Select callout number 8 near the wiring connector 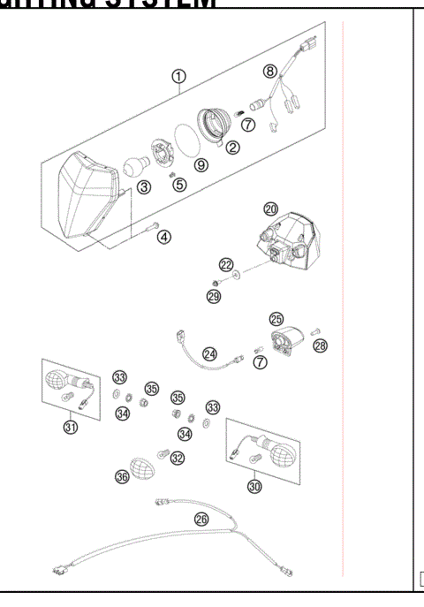click(271, 70)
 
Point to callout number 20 click(270, 209)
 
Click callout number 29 click(213, 297)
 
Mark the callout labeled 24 click(209, 353)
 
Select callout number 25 click(276, 318)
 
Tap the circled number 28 click(320, 345)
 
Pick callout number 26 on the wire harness click(201, 520)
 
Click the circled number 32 click(178, 458)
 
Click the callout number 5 click(180, 185)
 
